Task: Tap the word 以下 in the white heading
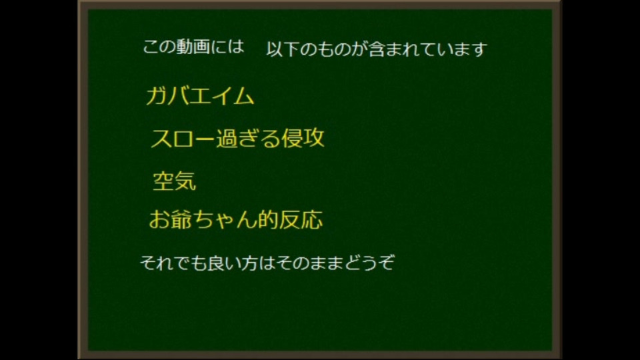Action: [x=283, y=49]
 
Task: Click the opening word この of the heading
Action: [x=159, y=47]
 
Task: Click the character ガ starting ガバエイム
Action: [x=156, y=96]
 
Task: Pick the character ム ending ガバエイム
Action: [x=243, y=96]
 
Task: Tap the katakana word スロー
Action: [x=183, y=139]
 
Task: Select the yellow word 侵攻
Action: [x=303, y=138]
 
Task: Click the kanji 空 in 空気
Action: [x=164, y=181]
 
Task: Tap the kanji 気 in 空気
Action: [x=186, y=181]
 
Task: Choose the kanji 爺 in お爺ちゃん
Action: [x=181, y=219]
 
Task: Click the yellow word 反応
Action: [x=301, y=219]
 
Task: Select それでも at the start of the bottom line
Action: [x=173, y=263]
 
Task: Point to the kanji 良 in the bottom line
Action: [x=215, y=263]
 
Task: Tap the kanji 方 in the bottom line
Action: [x=249, y=263]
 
